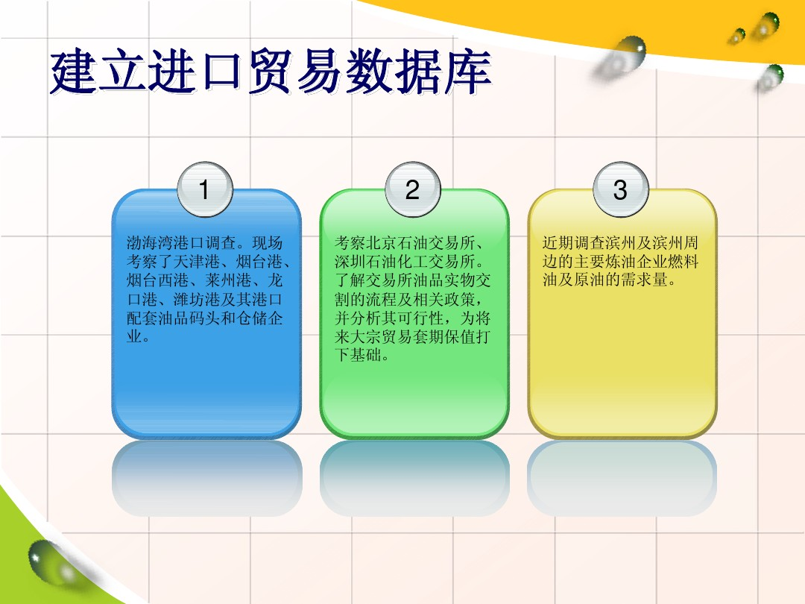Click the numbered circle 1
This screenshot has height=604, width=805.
pyautogui.click(x=205, y=189)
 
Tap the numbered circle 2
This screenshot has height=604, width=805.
pyautogui.click(x=413, y=189)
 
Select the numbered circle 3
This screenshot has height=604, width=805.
pyautogui.click(x=621, y=189)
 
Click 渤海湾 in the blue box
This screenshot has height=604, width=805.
pyautogui.click(x=150, y=242)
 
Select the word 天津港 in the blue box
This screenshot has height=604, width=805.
pyautogui.click(x=197, y=262)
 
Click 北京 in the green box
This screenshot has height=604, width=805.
pyautogui.click(x=382, y=242)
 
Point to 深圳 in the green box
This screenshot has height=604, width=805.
pyautogui.click(x=350, y=262)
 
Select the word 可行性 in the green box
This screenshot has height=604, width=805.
pyautogui.click(x=420, y=318)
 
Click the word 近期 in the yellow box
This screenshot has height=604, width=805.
pyautogui.click(x=558, y=242)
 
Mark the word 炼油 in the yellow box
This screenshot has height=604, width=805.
pyautogui.click(x=621, y=262)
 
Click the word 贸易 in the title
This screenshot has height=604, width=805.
pyautogui.click(x=296, y=72)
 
